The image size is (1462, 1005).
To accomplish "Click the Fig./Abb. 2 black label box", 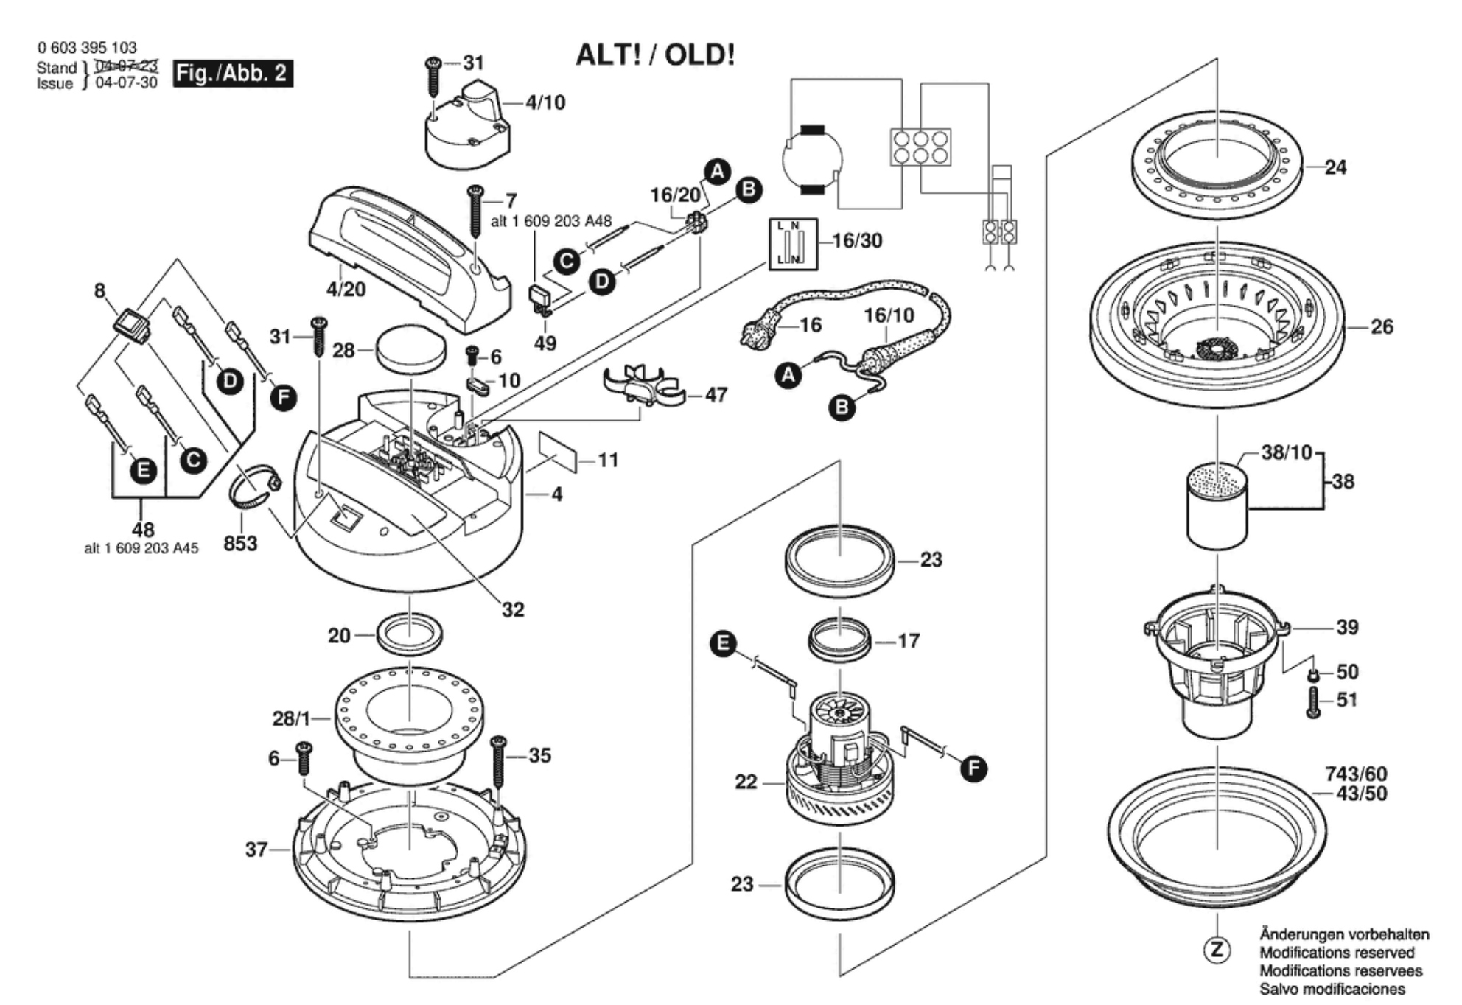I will coord(233,74).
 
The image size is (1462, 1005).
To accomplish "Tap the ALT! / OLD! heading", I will coord(655,55).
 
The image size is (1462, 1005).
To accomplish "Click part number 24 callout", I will coord(1335,167).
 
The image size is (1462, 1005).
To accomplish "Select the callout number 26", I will coord(1382,326).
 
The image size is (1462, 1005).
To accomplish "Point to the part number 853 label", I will coord(240,544).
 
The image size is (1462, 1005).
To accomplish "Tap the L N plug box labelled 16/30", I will coord(793,244).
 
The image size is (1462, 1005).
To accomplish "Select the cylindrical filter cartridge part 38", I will coord(1217,505).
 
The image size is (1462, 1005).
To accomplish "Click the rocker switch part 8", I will coord(131,323).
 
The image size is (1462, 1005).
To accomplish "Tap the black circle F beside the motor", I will coord(973,769).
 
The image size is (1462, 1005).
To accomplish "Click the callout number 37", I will coord(256,850).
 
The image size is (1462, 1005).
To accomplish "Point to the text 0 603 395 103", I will coord(87,48).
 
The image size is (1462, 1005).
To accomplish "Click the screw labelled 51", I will coord(1312,702).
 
